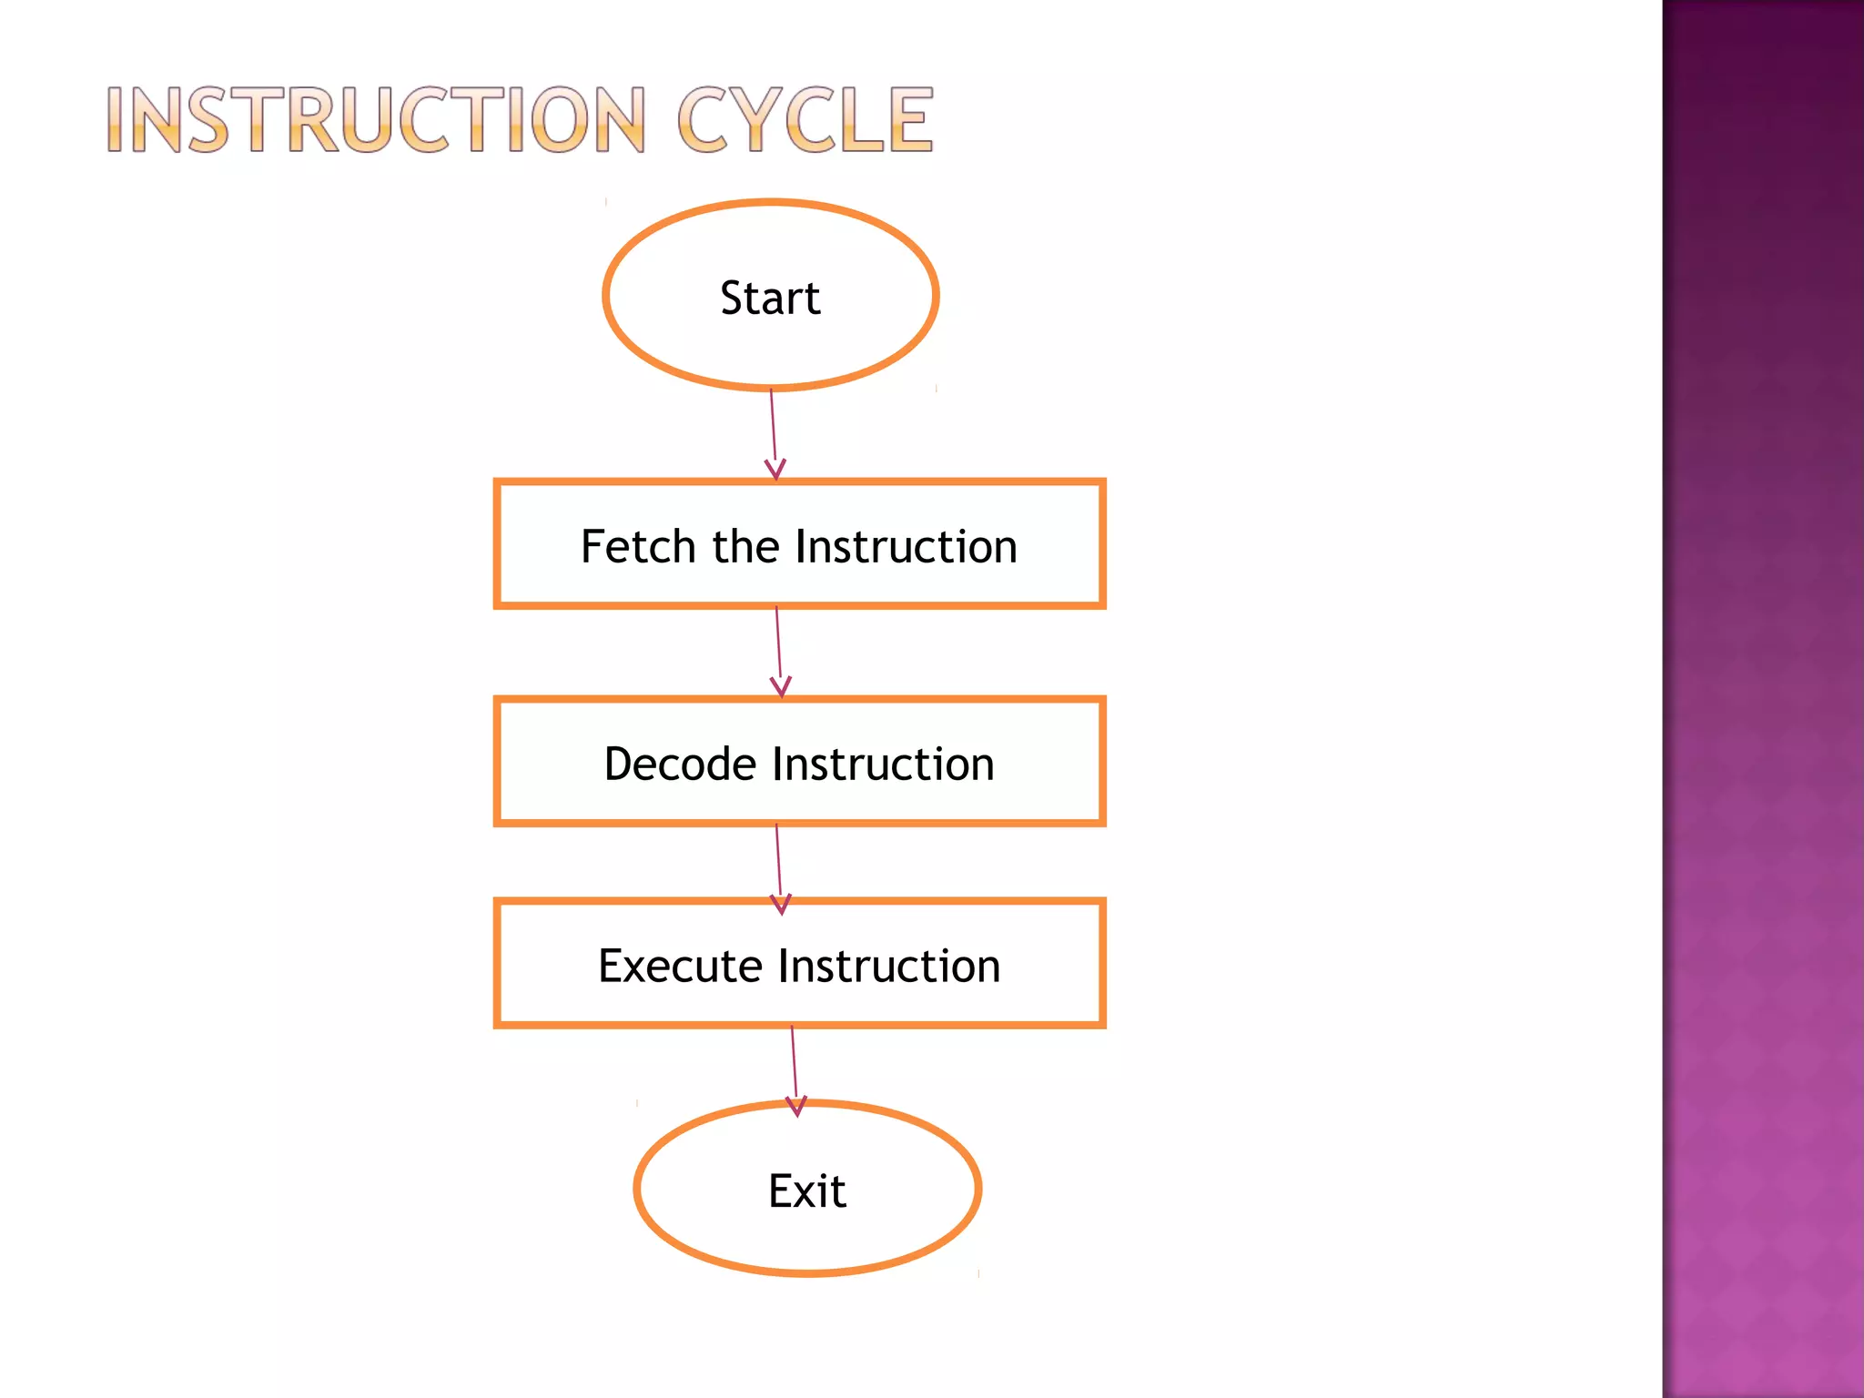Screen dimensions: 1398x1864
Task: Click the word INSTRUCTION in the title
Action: [376, 120]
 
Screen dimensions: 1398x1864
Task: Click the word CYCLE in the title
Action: [805, 120]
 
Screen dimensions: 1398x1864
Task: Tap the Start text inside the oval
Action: [770, 298]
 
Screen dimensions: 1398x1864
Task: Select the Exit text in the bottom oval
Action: [806, 1190]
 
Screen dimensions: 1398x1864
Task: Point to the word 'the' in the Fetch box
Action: [745, 546]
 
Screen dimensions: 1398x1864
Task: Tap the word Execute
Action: [680, 966]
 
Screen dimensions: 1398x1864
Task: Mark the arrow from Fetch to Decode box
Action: [778, 643]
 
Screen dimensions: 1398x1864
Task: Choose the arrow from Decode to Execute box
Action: [778, 860]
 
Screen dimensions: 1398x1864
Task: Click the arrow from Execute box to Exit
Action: [794, 1061]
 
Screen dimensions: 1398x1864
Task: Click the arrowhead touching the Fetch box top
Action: [775, 470]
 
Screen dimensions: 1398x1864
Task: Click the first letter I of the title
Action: [116, 120]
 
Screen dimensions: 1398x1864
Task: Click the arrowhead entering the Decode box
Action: [781, 687]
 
